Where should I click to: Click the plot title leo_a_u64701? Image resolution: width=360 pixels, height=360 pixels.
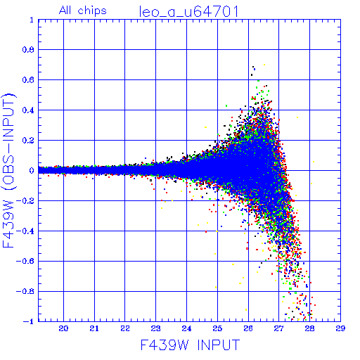189,12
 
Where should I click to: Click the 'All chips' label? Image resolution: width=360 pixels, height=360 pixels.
83,11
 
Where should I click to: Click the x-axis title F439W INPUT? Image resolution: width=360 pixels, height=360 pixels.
190,345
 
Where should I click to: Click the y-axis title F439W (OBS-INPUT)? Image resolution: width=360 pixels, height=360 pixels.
8,170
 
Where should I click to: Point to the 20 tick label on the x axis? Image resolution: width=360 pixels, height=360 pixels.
63,328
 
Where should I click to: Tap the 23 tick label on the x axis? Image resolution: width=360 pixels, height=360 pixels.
155,328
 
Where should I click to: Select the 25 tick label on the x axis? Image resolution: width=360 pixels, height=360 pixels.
217,328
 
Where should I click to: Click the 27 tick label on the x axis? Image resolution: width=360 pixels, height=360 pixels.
278,328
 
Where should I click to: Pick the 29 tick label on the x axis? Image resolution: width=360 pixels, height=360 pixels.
340,328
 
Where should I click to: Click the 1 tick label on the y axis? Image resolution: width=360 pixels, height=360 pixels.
32,20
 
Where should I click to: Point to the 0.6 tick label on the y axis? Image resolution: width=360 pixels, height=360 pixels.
28,80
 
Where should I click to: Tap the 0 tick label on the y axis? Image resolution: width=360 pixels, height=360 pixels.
32,170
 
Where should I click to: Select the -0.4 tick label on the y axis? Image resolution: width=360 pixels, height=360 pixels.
25,231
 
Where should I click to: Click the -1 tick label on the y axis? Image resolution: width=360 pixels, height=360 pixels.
29,321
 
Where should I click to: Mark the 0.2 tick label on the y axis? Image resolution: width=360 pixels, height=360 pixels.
28,141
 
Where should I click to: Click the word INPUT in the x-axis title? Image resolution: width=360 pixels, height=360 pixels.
219,345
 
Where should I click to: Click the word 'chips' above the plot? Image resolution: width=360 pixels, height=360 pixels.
92,11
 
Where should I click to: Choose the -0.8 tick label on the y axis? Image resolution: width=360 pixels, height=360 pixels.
25,291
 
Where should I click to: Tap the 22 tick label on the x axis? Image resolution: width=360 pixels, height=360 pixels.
125,328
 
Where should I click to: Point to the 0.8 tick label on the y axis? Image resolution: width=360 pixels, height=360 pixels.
28,50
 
